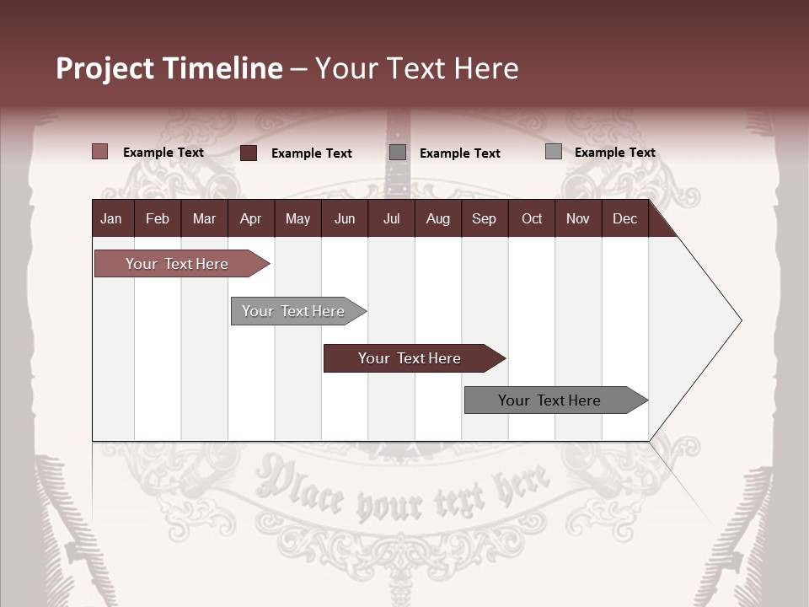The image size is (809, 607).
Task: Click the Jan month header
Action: [111, 218]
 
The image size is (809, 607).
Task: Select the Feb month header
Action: [158, 218]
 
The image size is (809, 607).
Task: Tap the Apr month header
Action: [250, 218]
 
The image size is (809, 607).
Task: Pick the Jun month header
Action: [345, 218]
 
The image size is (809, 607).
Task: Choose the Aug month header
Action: [437, 218]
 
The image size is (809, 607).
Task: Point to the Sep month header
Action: [484, 218]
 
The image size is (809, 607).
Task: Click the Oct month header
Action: [532, 218]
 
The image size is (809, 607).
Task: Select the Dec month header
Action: [624, 218]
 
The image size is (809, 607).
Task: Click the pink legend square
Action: [100, 152]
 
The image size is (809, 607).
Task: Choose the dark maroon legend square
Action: [249, 153]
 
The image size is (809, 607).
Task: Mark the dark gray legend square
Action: [398, 153]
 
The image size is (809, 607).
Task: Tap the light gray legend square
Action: [554, 152]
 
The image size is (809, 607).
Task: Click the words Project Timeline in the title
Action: [169, 68]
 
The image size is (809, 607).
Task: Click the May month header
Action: [297, 218]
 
